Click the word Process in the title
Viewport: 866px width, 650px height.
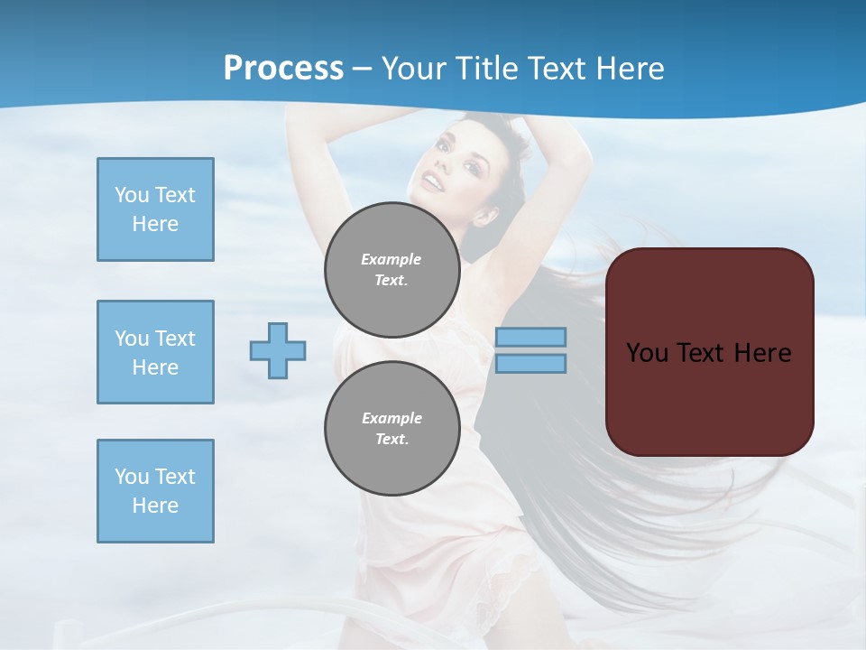[283, 69]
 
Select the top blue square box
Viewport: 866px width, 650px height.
[155, 209]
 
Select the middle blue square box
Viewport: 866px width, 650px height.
[155, 352]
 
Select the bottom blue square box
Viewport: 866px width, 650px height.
[155, 491]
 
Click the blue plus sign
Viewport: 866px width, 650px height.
[278, 350]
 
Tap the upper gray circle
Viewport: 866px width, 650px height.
[392, 270]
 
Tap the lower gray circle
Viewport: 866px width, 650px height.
[392, 429]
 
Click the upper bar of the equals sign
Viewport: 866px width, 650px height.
[530, 337]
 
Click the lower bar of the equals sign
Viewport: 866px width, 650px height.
[530, 363]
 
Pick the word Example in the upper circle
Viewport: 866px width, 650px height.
[391, 259]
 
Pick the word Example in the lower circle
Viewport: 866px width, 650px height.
[392, 418]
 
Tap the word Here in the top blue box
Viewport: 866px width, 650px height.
[155, 224]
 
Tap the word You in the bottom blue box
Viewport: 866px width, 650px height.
[131, 477]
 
